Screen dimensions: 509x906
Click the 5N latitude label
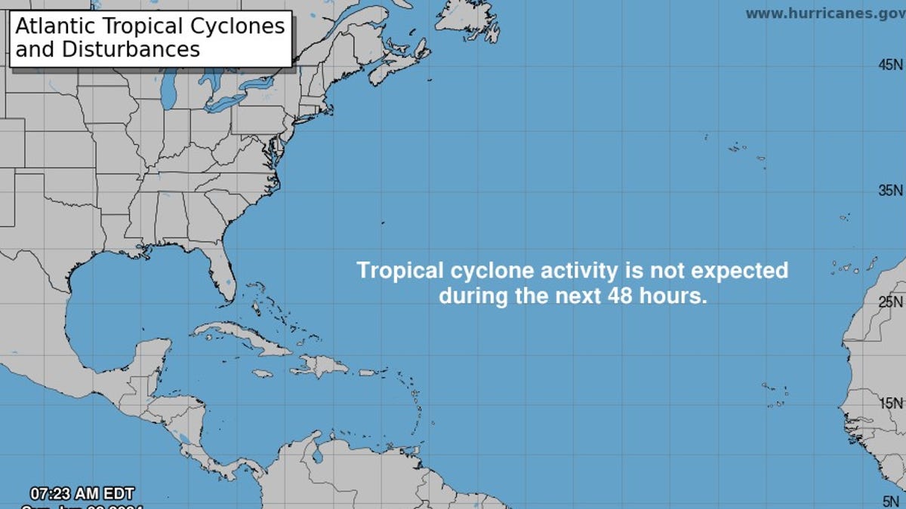[892, 500]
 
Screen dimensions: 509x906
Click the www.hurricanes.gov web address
[824, 14]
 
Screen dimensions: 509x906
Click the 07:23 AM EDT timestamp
[82, 494]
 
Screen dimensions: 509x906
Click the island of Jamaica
[262, 373]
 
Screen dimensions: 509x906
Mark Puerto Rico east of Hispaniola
[368, 372]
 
